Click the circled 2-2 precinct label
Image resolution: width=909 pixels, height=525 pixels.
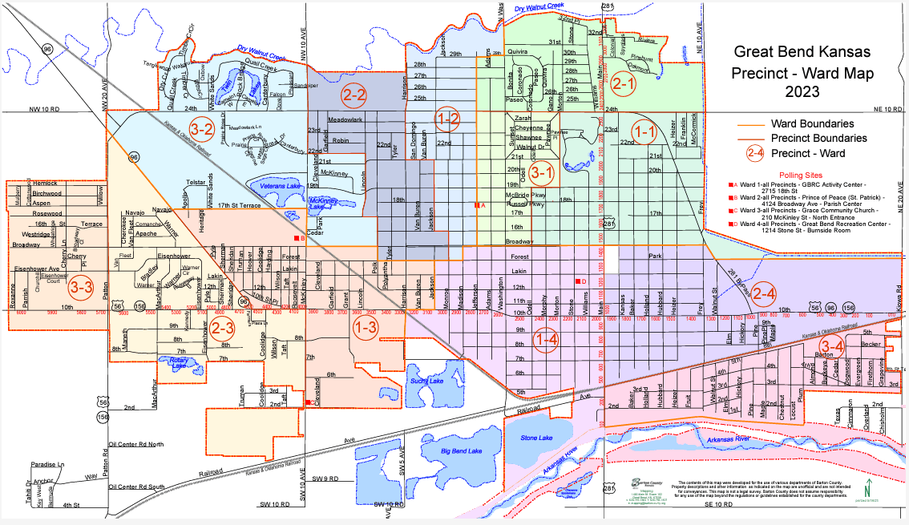(x=353, y=95)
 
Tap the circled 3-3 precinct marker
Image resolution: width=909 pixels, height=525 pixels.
(x=80, y=285)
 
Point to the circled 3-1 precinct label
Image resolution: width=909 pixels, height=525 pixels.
(x=543, y=171)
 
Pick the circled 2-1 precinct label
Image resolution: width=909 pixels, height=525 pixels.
(x=623, y=82)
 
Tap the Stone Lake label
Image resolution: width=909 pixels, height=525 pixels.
(x=538, y=438)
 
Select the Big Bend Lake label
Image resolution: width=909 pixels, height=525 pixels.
(x=461, y=451)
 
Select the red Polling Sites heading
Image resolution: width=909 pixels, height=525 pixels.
(x=802, y=174)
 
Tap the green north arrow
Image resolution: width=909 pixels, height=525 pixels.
(x=867, y=486)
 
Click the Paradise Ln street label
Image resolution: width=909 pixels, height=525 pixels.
(x=47, y=465)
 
